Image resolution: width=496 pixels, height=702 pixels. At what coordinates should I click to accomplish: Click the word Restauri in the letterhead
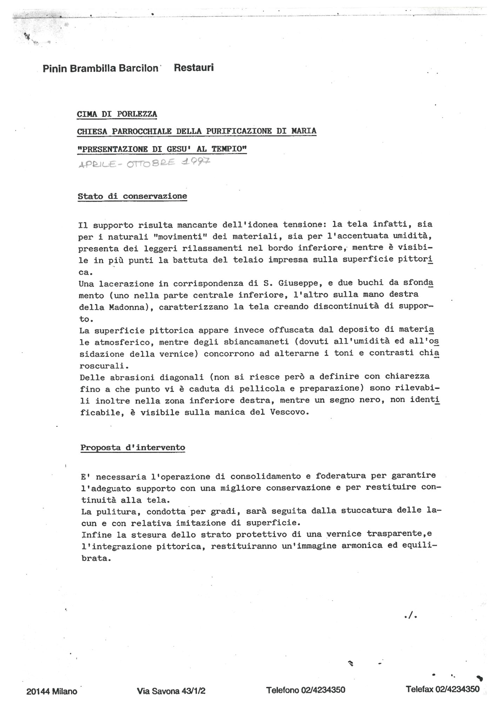pyautogui.click(x=194, y=67)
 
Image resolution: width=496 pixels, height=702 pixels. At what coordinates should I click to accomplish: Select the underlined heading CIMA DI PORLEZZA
pyautogui.click(x=117, y=114)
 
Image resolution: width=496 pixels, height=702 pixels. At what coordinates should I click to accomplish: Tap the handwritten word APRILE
pyautogui.click(x=96, y=164)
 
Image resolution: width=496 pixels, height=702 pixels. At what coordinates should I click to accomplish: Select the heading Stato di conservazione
pyautogui.click(x=132, y=196)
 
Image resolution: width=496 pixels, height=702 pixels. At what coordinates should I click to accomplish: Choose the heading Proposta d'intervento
pyautogui.click(x=133, y=448)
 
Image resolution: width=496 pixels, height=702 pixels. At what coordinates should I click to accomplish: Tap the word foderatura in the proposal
pyautogui.click(x=338, y=476)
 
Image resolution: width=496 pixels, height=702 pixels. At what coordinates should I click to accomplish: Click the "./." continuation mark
pyautogui.click(x=410, y=615)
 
